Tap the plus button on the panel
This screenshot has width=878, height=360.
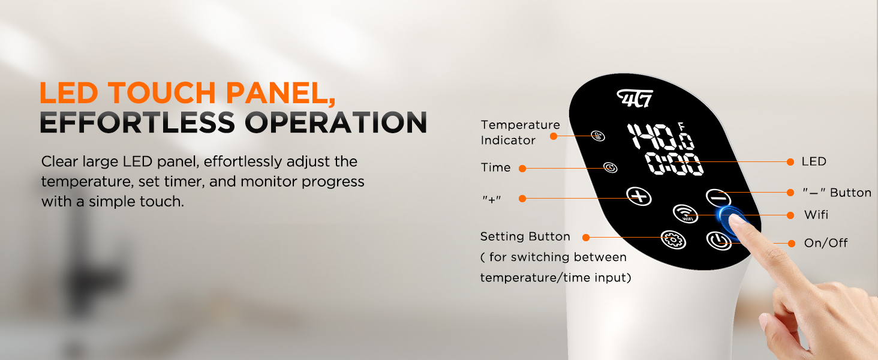coord(639,196)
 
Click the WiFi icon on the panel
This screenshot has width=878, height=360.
coord(685,214)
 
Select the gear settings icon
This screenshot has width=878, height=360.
coord(673,239)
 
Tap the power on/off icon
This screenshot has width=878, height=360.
coord(718,241)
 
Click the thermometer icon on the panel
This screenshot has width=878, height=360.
coord(598,136)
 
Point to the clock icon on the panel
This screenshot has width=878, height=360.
coord(611,168)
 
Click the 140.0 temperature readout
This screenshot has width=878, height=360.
coord(661,136)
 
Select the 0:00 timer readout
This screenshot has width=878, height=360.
coord(674,164)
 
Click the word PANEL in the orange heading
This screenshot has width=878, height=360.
coord(281,94)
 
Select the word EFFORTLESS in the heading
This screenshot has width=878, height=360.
coord(137,122)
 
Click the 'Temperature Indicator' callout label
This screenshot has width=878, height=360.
coord(520,133)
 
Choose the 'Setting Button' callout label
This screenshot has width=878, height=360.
coord(525,236)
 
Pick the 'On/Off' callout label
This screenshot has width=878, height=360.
coord(825,243)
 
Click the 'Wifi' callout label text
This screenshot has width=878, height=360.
coord(816,215)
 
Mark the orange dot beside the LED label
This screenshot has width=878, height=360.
coord(790,162)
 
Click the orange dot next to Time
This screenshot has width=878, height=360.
coord(522,169)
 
